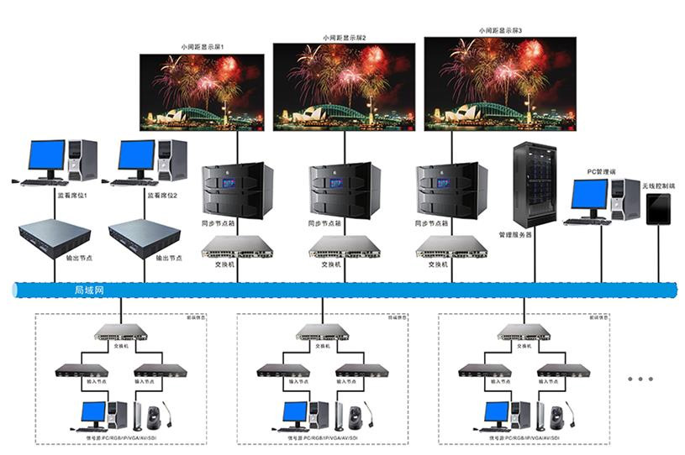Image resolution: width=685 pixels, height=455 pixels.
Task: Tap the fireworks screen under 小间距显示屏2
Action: point(343,86)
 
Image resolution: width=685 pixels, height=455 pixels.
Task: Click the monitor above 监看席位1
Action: point(46,157)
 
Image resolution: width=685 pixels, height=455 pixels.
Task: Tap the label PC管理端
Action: point(601,171)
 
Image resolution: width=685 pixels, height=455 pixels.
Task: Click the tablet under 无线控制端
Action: point(658,209)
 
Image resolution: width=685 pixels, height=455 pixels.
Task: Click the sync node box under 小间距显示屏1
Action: point(234,191)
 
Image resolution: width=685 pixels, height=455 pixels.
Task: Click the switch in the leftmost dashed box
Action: point(120,332)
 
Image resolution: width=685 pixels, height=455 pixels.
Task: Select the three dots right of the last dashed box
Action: point(640,379)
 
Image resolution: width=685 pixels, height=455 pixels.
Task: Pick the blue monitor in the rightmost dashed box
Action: point(497,412)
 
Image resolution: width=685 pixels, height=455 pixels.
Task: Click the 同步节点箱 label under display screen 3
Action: point(431,224)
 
